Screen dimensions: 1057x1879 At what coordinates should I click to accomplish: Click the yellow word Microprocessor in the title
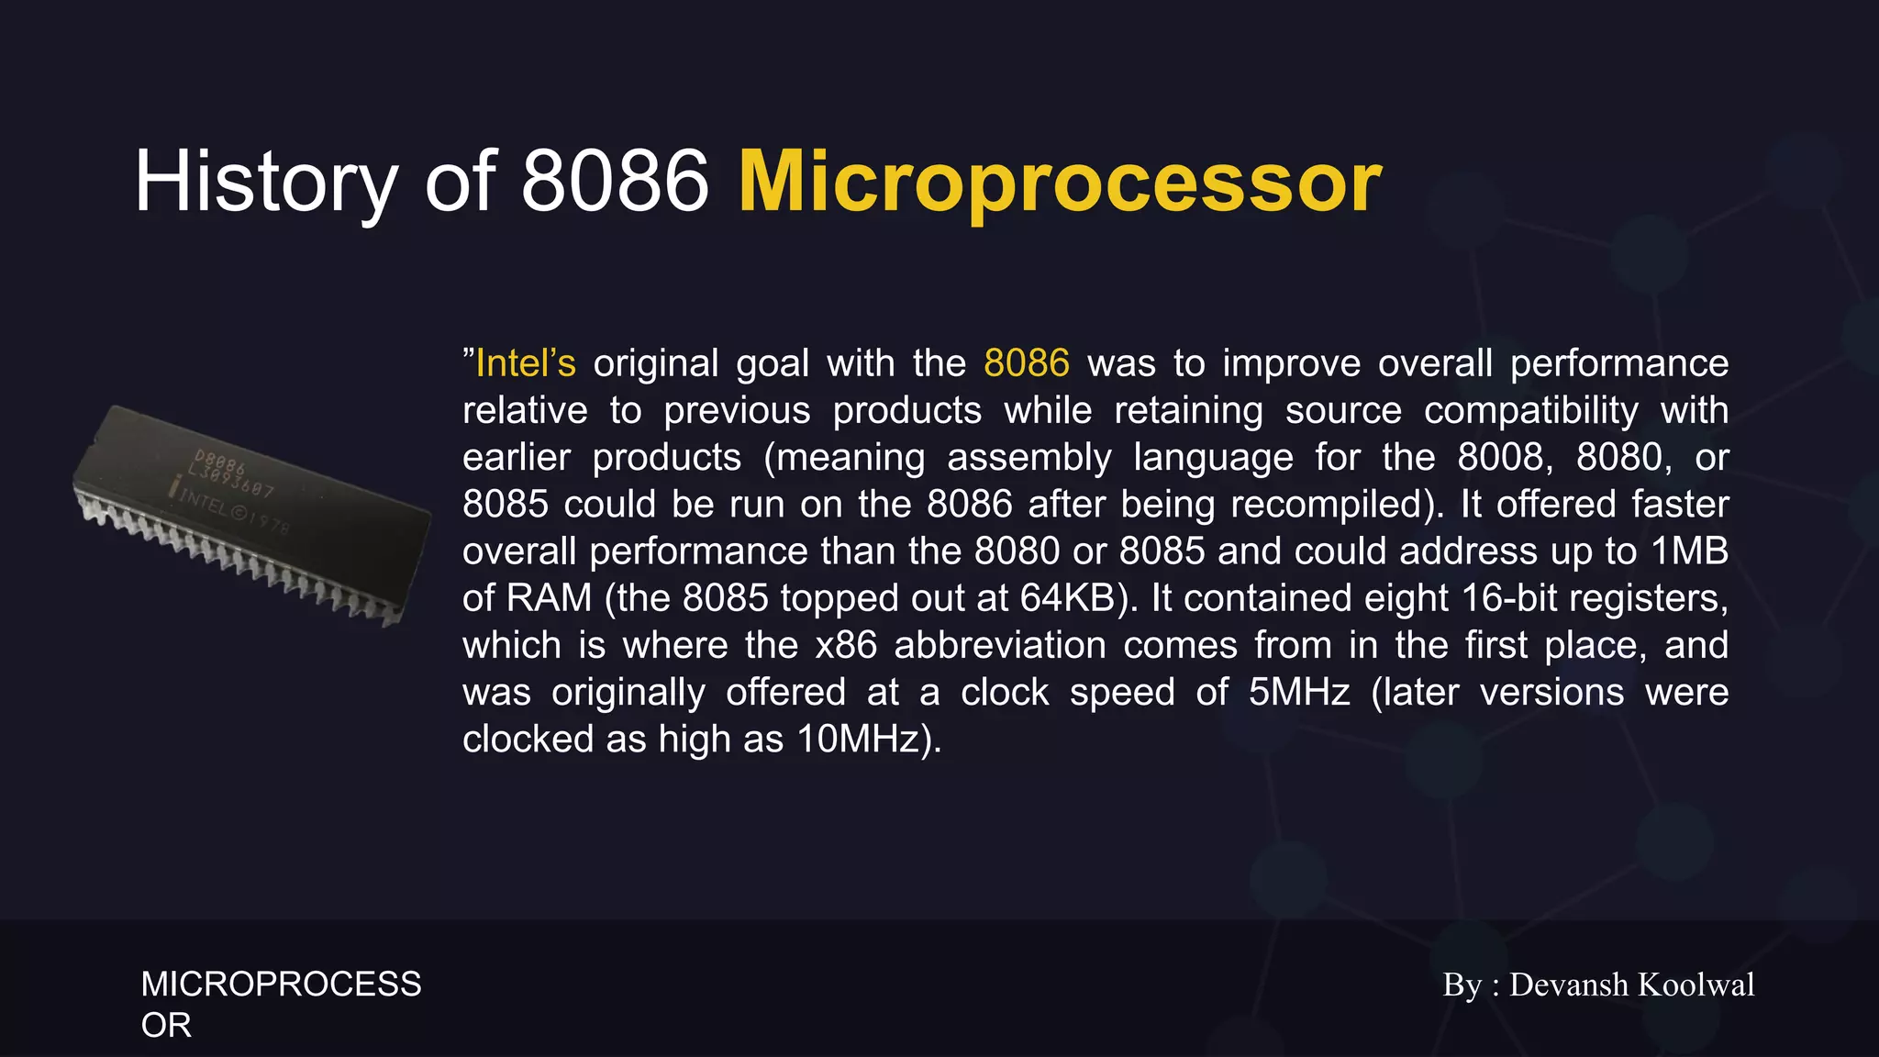tap(1060, 182)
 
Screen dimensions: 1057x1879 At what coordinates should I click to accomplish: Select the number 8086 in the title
tap(615, 182)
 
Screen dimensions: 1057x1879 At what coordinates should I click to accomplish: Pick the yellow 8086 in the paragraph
tap(1026, 363)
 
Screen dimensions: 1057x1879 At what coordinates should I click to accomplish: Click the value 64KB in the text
tap(1073, 598)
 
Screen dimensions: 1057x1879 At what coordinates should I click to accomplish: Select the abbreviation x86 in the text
tap(846, 645)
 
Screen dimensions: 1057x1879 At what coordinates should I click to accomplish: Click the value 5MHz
tap(1298, 692)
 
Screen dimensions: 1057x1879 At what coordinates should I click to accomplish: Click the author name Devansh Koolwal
tap(1631, 985)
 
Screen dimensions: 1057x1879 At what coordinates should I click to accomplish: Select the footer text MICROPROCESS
tap(281, 985)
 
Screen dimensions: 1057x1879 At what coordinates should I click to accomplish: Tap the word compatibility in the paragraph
tap(1530, 410)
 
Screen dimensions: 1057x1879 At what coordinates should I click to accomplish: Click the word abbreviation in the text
tap(999, 645)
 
